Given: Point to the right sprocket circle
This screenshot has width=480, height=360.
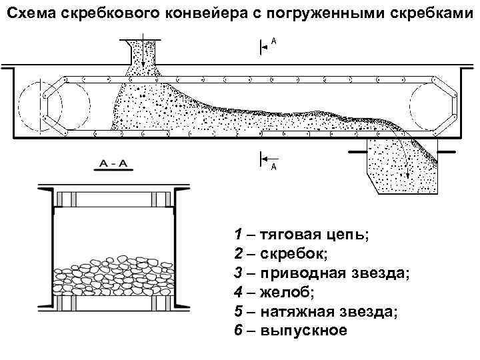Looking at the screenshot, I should [434, 105].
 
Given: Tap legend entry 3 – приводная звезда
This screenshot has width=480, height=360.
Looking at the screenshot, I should [313, 273].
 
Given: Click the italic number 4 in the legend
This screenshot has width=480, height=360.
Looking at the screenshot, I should [238, 292].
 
